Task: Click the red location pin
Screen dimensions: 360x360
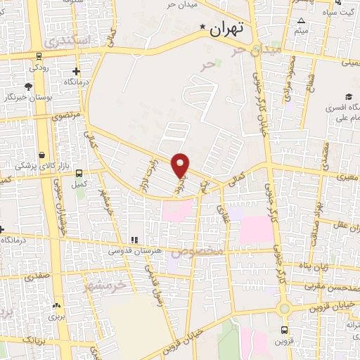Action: pos(181,165)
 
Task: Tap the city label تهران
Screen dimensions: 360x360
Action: pos(226,29)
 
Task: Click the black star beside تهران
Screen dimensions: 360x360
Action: pos(203,28)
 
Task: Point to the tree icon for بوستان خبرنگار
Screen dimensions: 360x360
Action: pos(27,86)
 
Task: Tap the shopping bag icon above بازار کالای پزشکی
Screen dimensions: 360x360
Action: pos(42,155)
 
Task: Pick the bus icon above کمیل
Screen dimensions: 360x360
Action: pos(79,172)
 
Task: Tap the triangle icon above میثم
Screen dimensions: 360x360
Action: pos(302,20)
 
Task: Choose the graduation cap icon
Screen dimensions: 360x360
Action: pos(348,97)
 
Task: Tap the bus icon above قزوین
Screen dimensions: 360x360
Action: pos(284,330)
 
